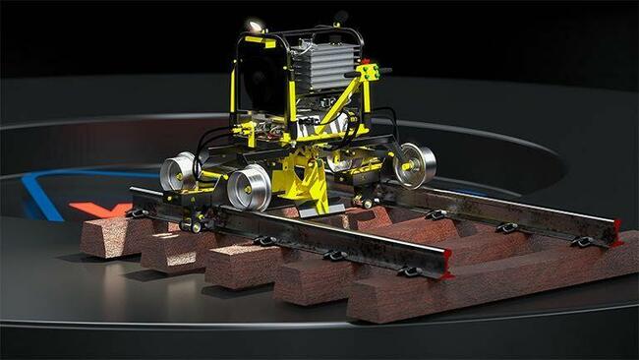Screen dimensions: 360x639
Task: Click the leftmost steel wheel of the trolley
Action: (178, 171)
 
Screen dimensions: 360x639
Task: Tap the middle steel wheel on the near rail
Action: (250, 187)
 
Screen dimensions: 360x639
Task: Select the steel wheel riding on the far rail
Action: (417, 164)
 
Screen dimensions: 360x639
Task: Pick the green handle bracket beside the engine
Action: (369, 72)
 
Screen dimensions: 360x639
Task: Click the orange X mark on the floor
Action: (99, 210)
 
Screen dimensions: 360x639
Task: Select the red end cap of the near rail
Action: (447, 264)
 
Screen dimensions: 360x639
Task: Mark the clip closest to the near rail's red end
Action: (410, 271)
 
